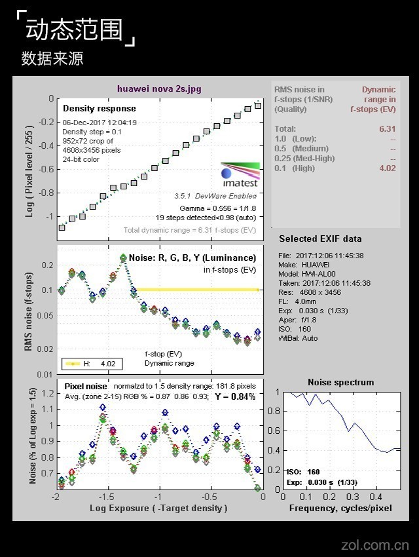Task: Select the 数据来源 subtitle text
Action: point(52,58)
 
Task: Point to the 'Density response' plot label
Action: point(100,108)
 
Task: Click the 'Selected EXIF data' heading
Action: point(320,239)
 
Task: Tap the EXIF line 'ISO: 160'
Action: point(295,329)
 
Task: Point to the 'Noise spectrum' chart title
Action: point(341,382)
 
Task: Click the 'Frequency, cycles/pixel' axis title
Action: point(340,508)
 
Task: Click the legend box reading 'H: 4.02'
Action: point(91,364)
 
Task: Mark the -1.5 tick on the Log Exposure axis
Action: point(107,497)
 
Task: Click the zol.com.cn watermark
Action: point(376,545)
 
